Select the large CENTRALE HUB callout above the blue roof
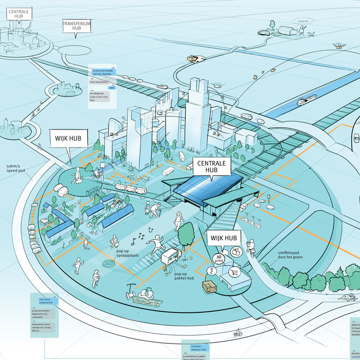pos(212,166)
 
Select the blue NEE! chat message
pos(112,88)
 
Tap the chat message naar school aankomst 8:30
pos(48,301)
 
